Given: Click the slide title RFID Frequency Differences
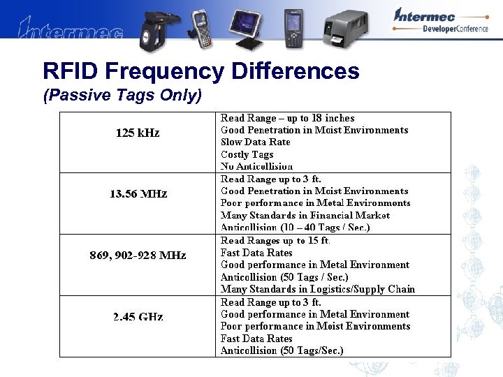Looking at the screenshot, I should tap(201, 71).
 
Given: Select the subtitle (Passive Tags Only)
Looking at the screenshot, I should tap(122, 96).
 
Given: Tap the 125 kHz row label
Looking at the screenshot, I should tap(138, 133).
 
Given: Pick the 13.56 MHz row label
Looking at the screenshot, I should tap(138, 193).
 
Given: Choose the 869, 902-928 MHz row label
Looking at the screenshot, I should tap(138, 255).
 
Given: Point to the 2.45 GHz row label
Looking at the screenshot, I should tap(138, 316).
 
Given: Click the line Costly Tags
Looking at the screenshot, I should tap(247, 154).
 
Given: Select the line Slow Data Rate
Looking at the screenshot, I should tap(256, 142).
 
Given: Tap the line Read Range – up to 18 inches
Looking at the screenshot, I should tap(287, 118).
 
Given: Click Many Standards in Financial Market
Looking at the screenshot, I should tap(305, 215).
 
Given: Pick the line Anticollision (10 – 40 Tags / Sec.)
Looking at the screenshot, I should tap(296, 227).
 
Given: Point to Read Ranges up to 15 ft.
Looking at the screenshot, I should tap(275, 240).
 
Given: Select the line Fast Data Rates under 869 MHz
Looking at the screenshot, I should tap(256, 253).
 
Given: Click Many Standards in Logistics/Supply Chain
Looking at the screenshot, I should tap(318, 288).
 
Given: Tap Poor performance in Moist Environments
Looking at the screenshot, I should tap(315, 326).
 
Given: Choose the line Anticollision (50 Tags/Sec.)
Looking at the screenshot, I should tap(282, 350).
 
